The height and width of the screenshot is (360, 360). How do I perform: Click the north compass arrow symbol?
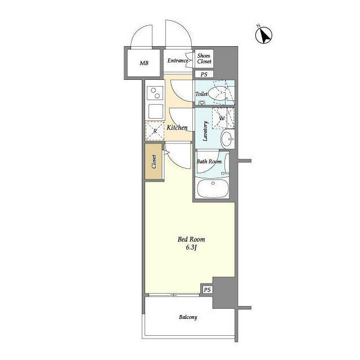[x=264, y=35]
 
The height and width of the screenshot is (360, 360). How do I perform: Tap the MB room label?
[x=144, y=63]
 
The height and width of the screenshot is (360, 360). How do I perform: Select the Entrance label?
[x=178, y=61]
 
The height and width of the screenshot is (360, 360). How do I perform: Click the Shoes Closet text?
[x=204, y=58]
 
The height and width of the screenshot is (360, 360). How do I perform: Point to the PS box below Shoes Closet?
[x=204, y=74]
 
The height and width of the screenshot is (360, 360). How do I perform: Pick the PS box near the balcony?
[x=207, y=290]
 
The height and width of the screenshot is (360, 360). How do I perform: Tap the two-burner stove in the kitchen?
[x=155, y=93]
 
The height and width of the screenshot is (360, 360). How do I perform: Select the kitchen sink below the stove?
[x=155, y=111]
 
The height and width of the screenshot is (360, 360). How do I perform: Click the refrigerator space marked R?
[x=155, y=131]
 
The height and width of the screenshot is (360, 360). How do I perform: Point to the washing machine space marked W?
[x=222, y=119]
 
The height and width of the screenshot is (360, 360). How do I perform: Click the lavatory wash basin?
[x=227, y=139]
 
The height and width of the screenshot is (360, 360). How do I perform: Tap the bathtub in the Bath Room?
[x=213, y=188]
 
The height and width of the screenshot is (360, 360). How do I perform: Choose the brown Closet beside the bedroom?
[x=154, y=161]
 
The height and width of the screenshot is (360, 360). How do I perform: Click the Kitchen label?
[x=177, y=128]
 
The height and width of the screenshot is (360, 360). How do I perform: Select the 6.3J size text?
[x=191, y=247]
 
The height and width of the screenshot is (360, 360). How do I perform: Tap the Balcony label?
[x=188, y=317]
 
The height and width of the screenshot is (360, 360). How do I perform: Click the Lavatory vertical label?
[x=205, y=131]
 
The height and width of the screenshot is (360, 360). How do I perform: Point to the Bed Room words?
[x=191, y=240]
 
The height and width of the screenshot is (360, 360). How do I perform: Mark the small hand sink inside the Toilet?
[x=202, y=103]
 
